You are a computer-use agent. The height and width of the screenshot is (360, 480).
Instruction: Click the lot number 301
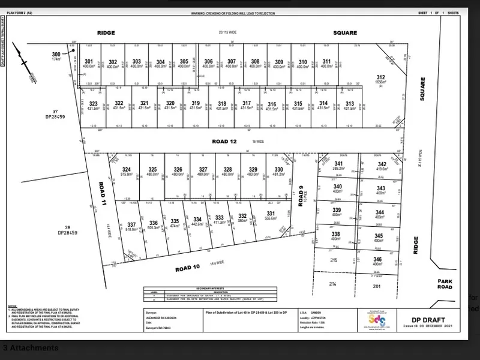89,62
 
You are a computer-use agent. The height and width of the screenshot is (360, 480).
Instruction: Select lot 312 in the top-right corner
380,77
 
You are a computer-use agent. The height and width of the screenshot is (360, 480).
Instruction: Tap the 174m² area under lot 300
57,59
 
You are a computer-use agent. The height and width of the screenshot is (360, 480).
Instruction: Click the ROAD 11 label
102,196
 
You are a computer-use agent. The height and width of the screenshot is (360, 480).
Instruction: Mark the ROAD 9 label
301,196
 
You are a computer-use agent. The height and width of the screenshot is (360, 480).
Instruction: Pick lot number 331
271,214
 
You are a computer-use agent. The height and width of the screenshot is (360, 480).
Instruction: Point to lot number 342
382,164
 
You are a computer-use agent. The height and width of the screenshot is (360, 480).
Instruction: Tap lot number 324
126,169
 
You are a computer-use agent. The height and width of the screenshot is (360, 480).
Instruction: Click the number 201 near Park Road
377,286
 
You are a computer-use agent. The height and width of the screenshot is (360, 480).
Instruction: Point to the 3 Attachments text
31,348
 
